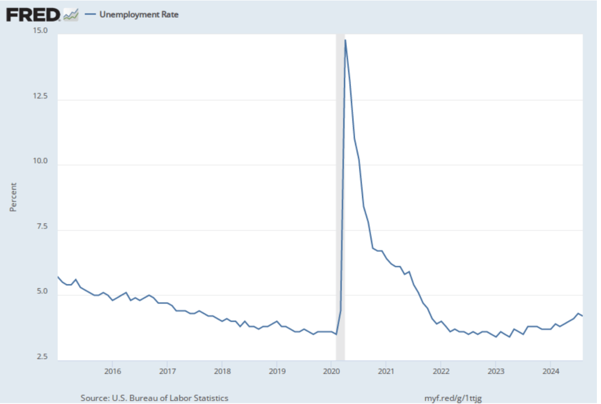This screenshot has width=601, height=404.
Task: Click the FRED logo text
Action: coord(33,14)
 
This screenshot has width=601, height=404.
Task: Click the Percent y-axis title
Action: coord(13,197)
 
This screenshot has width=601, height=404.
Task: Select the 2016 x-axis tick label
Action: coord(112,371)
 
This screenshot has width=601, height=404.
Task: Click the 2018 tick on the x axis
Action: coord(222,371)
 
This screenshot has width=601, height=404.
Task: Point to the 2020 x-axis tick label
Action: coord(331,371)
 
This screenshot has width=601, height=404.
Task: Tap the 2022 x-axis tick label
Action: coord(441,371)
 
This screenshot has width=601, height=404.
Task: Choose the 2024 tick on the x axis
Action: coord(551,371)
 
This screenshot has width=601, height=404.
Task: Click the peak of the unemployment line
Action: coord(345,40)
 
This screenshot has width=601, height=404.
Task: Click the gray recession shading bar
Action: coord(340,176)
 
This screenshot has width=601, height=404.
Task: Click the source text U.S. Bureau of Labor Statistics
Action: coord(154,398)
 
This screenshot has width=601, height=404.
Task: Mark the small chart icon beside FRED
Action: coord(71,15)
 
